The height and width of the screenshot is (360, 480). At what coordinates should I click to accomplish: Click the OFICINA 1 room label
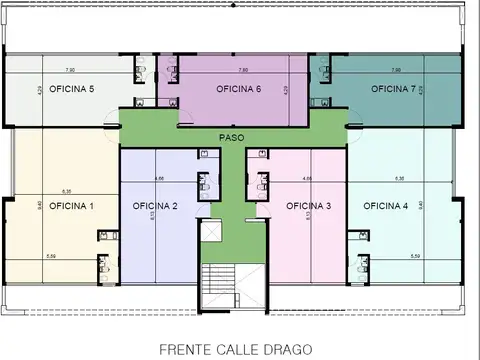tap(71, 206)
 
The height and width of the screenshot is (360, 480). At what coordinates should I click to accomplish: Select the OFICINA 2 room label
tap(155, 206)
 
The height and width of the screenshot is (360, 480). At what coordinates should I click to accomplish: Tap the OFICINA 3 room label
tap(309, 206)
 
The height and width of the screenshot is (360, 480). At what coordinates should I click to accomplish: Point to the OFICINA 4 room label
tap(385, 206)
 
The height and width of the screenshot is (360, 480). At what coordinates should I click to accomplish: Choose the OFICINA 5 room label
tap(71, 89)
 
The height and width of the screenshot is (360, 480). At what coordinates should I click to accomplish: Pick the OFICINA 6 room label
tap(239, 89)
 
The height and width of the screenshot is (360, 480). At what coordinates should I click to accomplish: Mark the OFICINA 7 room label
tap(393, 89)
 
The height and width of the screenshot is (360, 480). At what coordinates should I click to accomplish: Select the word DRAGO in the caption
tap(290, 350)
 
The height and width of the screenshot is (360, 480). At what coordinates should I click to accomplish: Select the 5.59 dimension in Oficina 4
tap(413, 257)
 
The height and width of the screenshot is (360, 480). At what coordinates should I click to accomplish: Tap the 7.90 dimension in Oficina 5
tap(69, 70)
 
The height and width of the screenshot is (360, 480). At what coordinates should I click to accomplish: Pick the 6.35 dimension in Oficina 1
tap(66, 190)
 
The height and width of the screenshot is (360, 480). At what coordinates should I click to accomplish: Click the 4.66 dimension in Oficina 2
tap(159, 178)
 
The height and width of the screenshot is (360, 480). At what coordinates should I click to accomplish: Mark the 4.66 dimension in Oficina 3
tap(308, 178)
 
